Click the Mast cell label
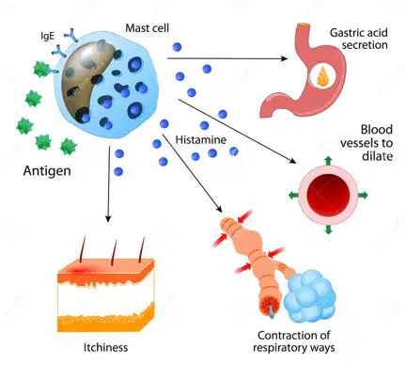[x=147, y=28]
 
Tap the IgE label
[x=47, y=36]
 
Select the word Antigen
[x=47, y=171]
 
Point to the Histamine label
[x=201, y=139]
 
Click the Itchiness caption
[x=105, y=347]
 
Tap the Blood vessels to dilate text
[x=367, y=143]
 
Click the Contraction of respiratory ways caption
[x=294, y=341]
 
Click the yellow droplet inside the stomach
[x=322, y=77]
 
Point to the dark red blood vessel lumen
[x=328, y=196]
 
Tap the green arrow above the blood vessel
[x=328, y=161]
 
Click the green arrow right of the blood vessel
[x=363, y=196]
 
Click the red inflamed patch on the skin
[x=77, y=270]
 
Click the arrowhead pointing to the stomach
[x=284, y=58]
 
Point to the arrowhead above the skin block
[x=108, y=218]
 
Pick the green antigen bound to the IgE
[x=40, y=70]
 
